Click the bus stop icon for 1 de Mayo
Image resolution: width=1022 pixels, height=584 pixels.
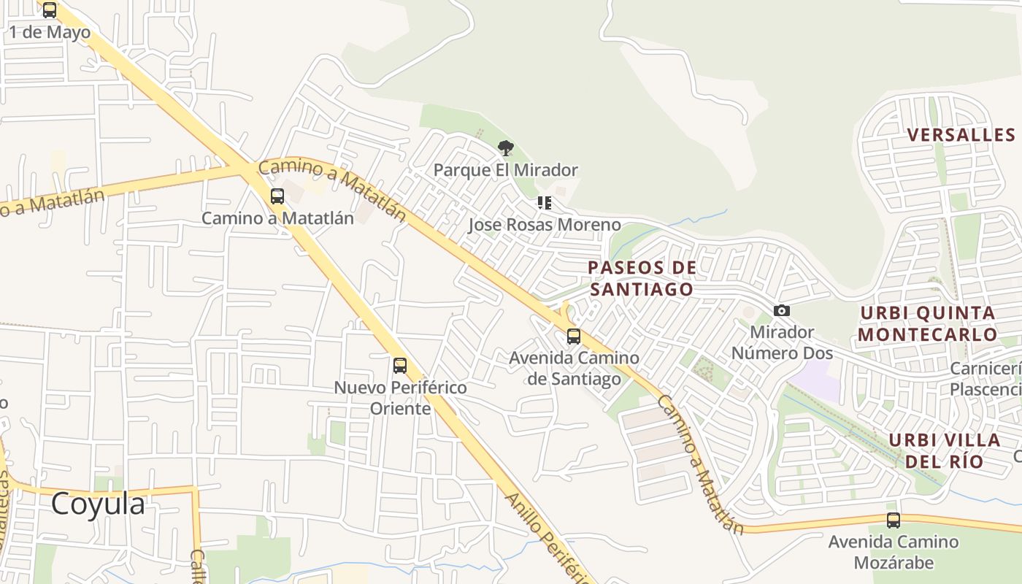50,10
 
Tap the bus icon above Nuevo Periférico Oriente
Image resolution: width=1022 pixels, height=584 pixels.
399,366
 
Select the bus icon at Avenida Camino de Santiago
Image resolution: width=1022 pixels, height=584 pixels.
574,337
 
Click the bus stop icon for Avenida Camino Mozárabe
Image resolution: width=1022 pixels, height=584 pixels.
893,520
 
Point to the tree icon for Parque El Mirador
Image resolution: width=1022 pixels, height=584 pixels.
505,148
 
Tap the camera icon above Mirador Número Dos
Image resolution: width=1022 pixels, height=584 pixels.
782,311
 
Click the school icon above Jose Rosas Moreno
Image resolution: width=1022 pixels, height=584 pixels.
544,203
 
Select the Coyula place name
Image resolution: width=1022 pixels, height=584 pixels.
98,504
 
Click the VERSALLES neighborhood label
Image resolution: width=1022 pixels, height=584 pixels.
961,135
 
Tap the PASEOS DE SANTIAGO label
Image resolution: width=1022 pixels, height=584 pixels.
642,278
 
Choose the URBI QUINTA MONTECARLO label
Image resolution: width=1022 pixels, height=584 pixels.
927,323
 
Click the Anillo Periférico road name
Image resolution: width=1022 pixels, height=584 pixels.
547,539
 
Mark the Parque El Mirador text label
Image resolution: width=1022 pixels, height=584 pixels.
505,170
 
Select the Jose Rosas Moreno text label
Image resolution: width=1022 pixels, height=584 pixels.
544,225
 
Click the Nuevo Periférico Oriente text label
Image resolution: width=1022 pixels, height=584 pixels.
400,398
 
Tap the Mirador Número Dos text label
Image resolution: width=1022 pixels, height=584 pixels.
782,342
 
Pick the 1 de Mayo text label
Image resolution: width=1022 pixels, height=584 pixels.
50,32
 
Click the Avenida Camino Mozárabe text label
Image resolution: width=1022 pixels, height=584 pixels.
893,552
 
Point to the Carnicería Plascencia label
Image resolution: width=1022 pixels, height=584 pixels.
985,379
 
